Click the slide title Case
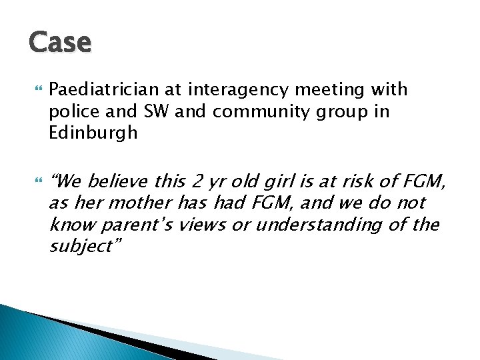click(60, 43)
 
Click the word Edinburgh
click(93, 133)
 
